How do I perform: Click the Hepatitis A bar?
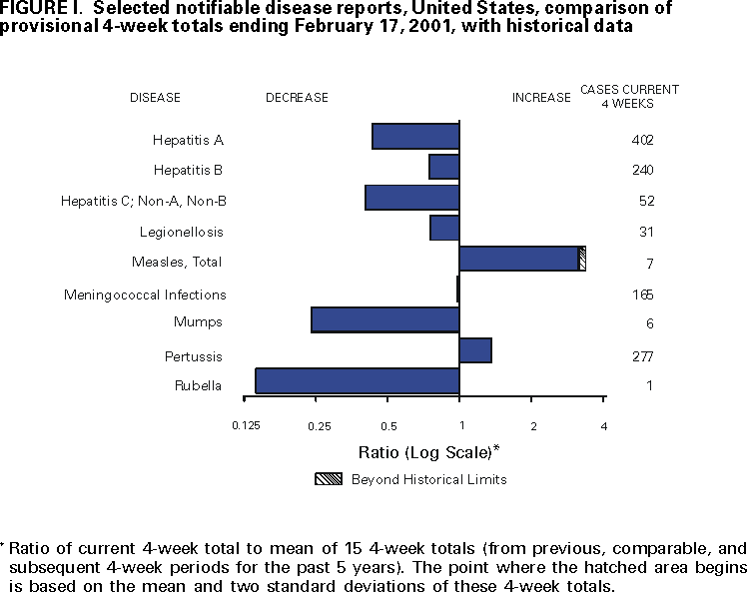click(415, 137)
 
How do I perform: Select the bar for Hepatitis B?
click(443, 167)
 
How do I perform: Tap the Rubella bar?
click(357, 381)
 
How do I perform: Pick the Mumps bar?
click(384, 319)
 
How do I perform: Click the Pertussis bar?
click(475, 350)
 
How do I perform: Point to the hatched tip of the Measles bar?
click(582, 259)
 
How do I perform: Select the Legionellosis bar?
click(444, 228)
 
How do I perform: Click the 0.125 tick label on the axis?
click(246, 426)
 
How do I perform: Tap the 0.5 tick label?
click(387, 426)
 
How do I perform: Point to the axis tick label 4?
click(603, 426)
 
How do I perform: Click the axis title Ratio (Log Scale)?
click(427, 451)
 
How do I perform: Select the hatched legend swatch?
click(328, 479)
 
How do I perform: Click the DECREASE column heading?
click(297, 98)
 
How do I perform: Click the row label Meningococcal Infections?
click(145, 295)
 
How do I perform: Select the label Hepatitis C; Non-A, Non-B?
click(144, 201)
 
